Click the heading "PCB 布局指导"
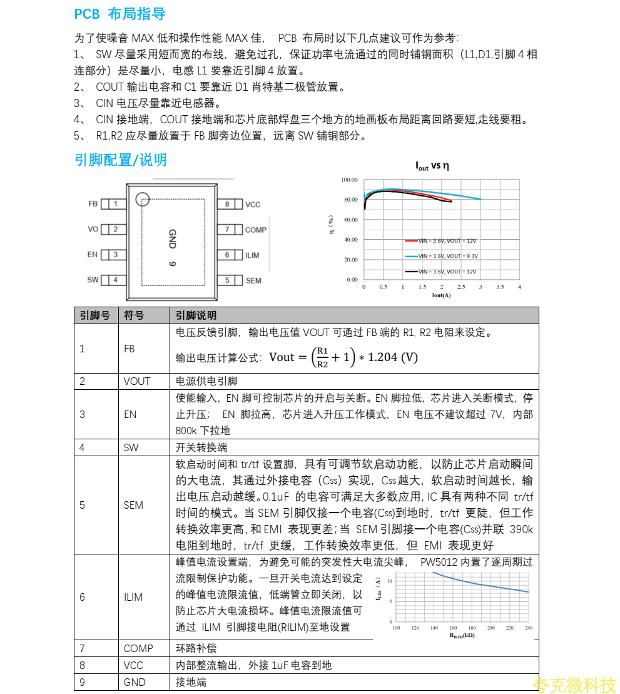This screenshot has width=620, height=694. coord(119,14)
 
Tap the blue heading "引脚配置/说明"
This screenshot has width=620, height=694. coord(121,160)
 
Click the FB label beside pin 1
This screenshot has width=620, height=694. coord(93,204)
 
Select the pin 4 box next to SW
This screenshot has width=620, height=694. coord(115,280)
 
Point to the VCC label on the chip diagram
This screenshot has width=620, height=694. coord(253,205)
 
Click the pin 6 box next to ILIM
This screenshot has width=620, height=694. coord(228,255)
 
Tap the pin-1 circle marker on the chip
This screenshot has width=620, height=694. coord(143,199)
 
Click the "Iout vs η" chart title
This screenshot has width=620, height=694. coord(432,166)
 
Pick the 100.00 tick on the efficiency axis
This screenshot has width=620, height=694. coord(349,180)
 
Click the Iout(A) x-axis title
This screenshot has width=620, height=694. coord(441,295)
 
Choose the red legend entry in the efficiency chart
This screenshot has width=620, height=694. coord(441,240)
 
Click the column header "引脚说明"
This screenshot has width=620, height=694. coord(196,315)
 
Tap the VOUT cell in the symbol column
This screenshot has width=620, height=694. coord(137,381)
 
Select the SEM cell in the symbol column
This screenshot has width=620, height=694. coord(133,505)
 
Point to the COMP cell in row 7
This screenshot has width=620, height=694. coord(138,649)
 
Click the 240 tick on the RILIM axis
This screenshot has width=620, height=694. coord(529,628)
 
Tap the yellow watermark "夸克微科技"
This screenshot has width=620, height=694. coord(574,685)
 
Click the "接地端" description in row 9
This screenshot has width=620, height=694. coord(191,682)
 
